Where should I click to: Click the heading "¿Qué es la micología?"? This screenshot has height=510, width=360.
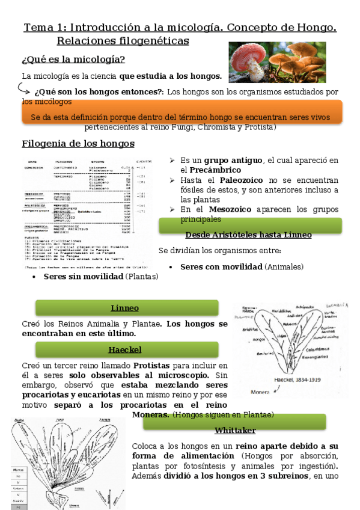pyautogui.click(x=73, y=59)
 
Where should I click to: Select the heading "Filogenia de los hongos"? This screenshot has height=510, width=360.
pyautogui.click(x=78, y=144)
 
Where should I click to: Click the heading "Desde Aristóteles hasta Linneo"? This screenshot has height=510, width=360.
pyautogui.click(x=248, y=235)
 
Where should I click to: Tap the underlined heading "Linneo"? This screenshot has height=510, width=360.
pyautogui.click(x=124, y=308)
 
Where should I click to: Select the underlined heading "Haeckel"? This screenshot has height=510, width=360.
pyautogui.click(x=124, y=349)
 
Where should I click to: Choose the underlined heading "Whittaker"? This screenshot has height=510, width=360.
pyautogui.click(x=235, y=430)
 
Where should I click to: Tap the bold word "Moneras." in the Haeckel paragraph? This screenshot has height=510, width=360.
pyautogui.click(x=150, y=414)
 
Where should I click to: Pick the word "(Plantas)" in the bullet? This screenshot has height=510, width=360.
pyautogui.click(x=142, y=276)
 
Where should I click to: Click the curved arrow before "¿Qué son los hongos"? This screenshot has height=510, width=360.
pyautogui.click(x=25, y=89)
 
